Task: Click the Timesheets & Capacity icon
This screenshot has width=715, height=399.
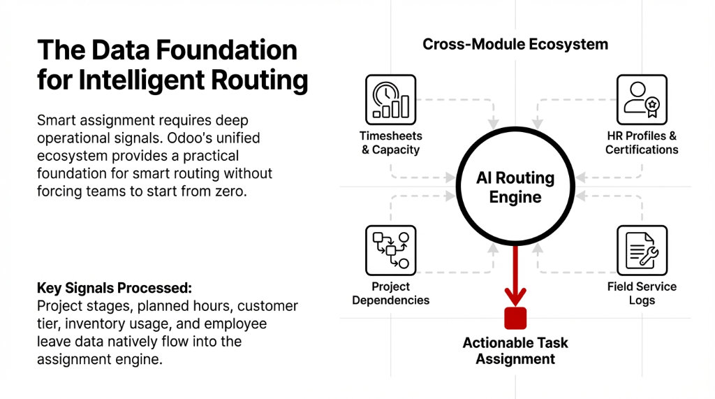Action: coord(390,100)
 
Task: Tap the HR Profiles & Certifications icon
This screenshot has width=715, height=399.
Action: coord(641,100)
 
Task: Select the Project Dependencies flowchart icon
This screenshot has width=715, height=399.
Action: coord(390,250)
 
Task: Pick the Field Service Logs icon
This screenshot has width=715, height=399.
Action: coord(641,250)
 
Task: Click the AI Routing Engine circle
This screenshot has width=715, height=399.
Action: coord(515,187)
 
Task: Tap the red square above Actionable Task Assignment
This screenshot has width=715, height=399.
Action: coord(515,318)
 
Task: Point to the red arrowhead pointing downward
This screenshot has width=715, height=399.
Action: coord(515,296)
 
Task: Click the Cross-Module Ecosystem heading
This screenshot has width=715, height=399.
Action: coord(515,45)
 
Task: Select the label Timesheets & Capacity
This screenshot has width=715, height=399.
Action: coord(390,143)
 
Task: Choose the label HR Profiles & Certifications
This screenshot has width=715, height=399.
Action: coord(641,143)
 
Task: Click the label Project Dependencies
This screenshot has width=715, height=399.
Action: coord(390,293)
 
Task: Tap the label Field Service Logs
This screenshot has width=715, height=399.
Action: coord(641,293)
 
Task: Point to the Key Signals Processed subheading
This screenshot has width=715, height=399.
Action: coord(114,289)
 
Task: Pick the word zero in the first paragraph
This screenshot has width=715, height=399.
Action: coord(230,190)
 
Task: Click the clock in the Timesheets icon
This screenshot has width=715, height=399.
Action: coord(384,94)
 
